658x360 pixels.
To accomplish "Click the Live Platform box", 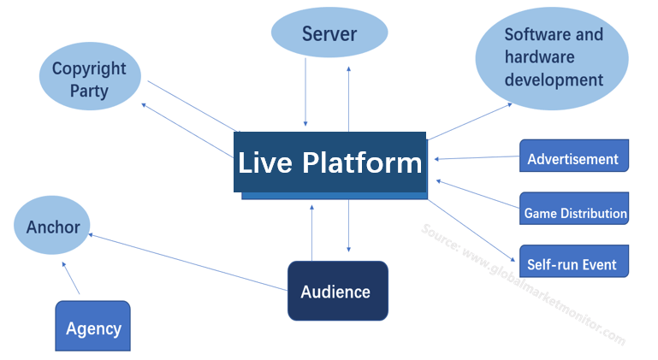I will coord(329,162).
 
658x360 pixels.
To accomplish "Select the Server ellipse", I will coord(329,35).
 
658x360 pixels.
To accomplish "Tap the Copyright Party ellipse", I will coord(89,79).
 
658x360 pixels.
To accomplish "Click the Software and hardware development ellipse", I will coord(553,57).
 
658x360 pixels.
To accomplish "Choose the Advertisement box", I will coord(573,158).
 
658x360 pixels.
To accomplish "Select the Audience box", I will coord(337,292).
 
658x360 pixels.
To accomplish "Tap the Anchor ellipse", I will coord(53,227).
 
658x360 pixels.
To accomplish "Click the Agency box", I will coord(93,328).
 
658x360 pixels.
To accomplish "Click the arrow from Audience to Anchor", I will coord(188,263).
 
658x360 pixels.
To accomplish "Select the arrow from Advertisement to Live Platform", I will coord(477,156).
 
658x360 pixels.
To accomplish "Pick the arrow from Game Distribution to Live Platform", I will coord(477,193).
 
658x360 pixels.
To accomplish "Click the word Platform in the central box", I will coord(364,162).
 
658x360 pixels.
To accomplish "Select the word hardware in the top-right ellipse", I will coord(539,57).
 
